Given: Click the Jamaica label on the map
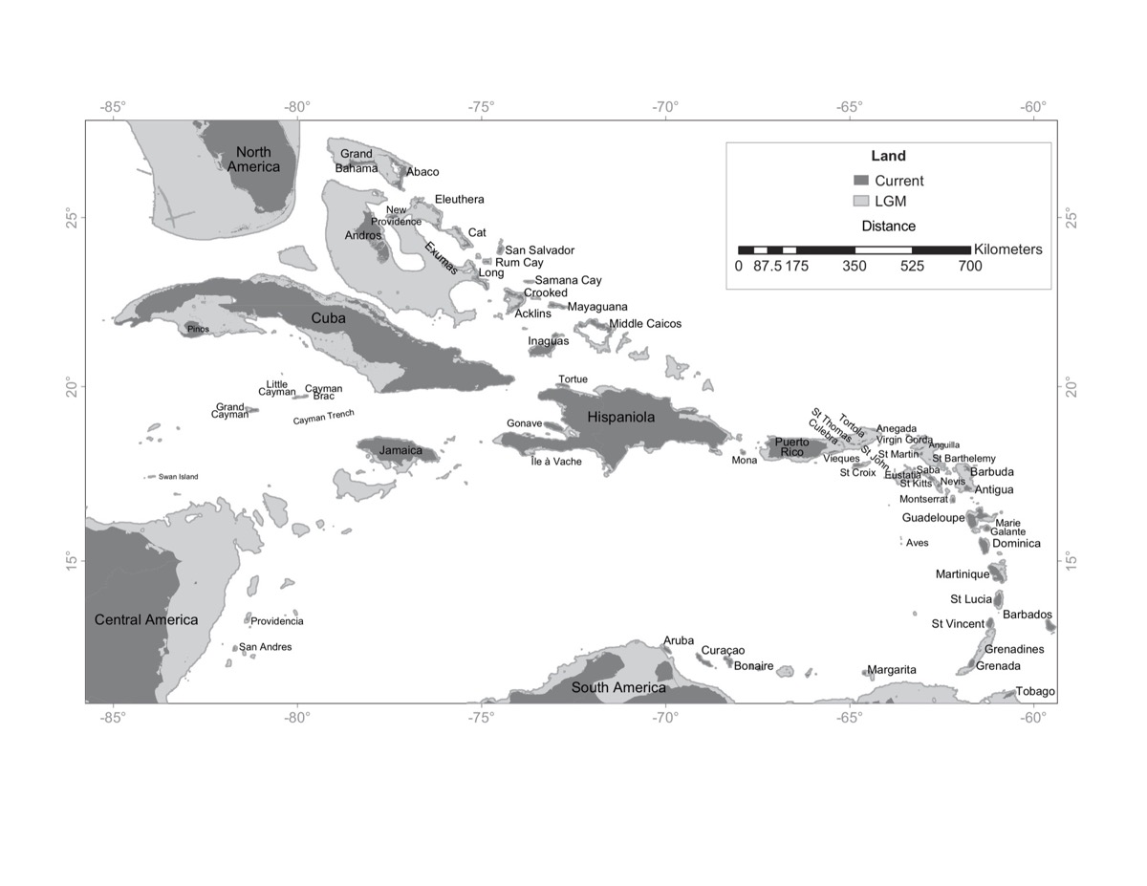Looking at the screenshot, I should tap(400, 450).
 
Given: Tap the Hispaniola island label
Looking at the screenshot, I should tap(621, 417).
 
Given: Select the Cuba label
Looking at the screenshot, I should tap(328, 318).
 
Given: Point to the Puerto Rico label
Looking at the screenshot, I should tap(791, 446).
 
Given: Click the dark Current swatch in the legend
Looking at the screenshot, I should tap(861, 181).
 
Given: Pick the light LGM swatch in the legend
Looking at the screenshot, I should tap(861, 202).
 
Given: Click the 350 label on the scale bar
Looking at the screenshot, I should tap(855, 267).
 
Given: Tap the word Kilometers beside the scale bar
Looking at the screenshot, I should tap(1008, 249).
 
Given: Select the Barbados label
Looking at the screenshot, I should tap(1027, 615).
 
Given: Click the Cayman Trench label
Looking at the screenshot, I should tap(323, 418).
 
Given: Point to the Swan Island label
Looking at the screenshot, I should tap(179, 477).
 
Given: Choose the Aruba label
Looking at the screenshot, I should tap(679, 640).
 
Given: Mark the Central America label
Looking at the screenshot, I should tap(146, 619).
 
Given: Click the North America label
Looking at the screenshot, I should tap(253, 159).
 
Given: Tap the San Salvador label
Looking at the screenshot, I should tap(539, 250).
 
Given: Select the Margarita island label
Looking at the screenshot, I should tap(891, 670).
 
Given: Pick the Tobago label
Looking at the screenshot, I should tap(1035, 691).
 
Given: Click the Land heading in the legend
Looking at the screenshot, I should tap(888, 156).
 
